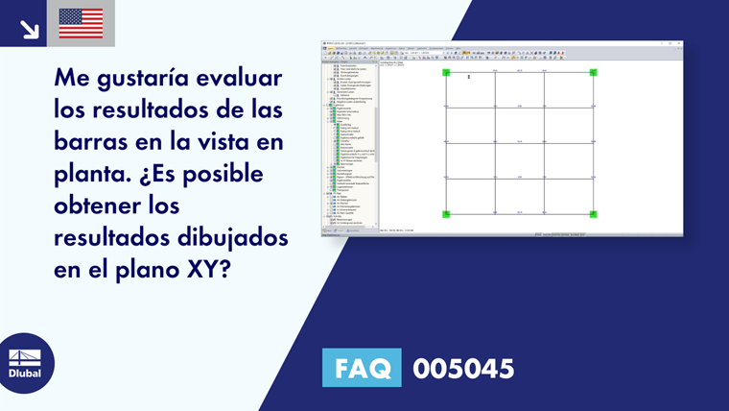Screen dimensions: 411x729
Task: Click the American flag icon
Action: pos(81,23)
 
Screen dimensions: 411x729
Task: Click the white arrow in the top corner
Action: pos(29,28)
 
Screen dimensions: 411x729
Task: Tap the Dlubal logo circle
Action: pos(25,362)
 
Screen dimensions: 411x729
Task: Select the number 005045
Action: pos(463,369)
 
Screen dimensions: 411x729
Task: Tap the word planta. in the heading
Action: pos(90,177)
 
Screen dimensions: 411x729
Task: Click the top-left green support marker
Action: pos(446,72)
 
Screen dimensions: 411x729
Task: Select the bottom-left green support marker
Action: pos(446,213)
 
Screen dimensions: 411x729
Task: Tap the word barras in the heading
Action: pos(93,144)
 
